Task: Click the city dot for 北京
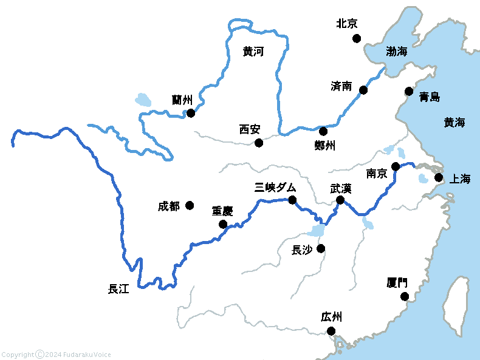coord(357,38)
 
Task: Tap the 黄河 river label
coord(253,52)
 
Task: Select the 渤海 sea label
coord(397,52)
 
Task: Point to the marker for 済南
coord(363,90)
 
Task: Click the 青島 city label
coord(430,97)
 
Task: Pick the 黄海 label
coord(454,123)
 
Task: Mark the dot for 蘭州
coord(191,113)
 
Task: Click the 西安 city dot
coord(259,143)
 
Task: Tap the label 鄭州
coord(325,145)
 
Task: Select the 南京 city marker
coord(396,166)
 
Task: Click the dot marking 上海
coord(439,177)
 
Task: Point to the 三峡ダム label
coord(275,188)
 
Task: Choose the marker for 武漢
coord(340,200)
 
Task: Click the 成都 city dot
coord(190,205)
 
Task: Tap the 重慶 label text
coord(222,211)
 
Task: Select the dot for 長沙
coord(321,248)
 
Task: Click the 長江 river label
coord(118,289)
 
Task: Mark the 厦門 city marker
coord(405,296)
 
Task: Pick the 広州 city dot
coord(331,331)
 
